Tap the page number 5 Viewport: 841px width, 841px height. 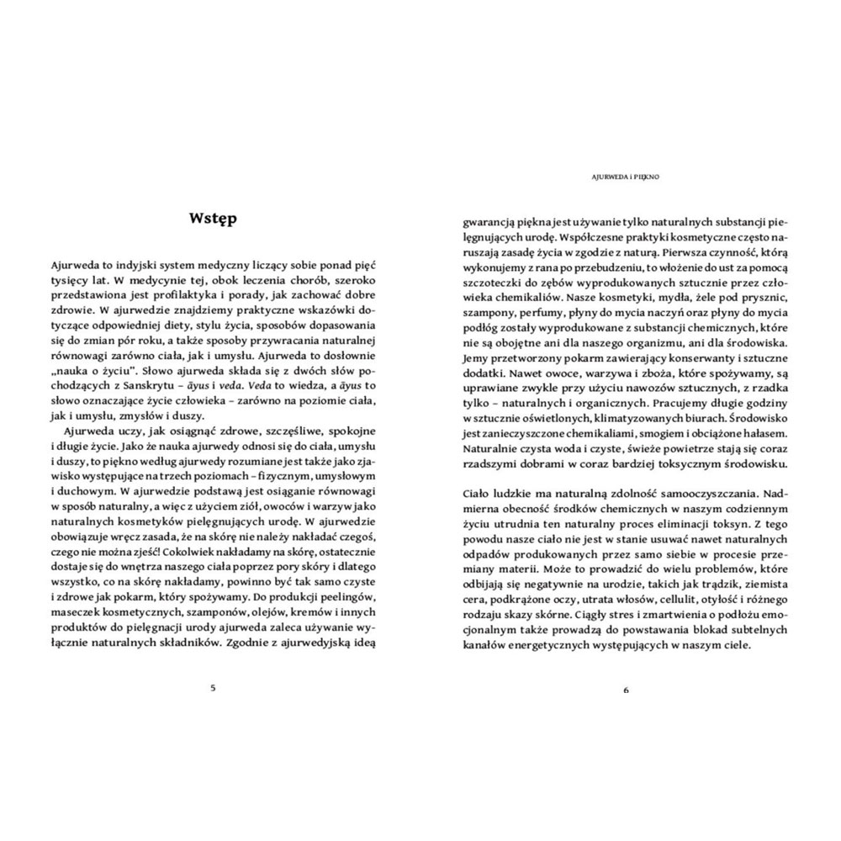tap(213, 687)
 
